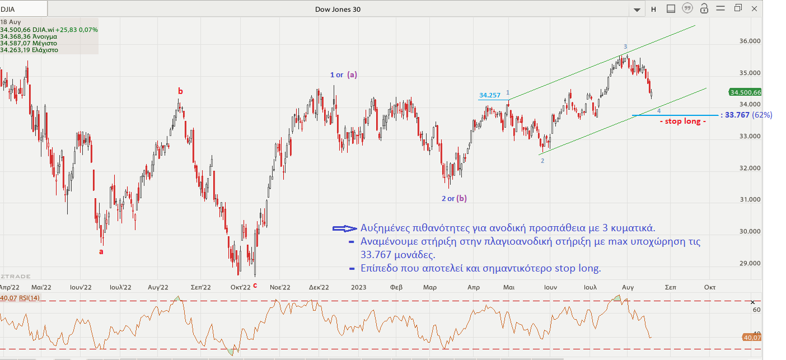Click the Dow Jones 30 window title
342,8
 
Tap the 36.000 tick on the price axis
750,41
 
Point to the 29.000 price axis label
750,263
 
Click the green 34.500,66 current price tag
745,92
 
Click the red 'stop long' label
682,121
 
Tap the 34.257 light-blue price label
489,95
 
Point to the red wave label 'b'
180,91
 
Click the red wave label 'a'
101,251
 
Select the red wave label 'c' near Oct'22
255,285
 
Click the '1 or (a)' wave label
343,74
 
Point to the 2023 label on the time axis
358,287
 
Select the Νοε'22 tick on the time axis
280,287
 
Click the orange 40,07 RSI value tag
751,338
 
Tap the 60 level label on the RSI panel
756,310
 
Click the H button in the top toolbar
653,9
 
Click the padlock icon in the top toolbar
705,8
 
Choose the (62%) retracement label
762,115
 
